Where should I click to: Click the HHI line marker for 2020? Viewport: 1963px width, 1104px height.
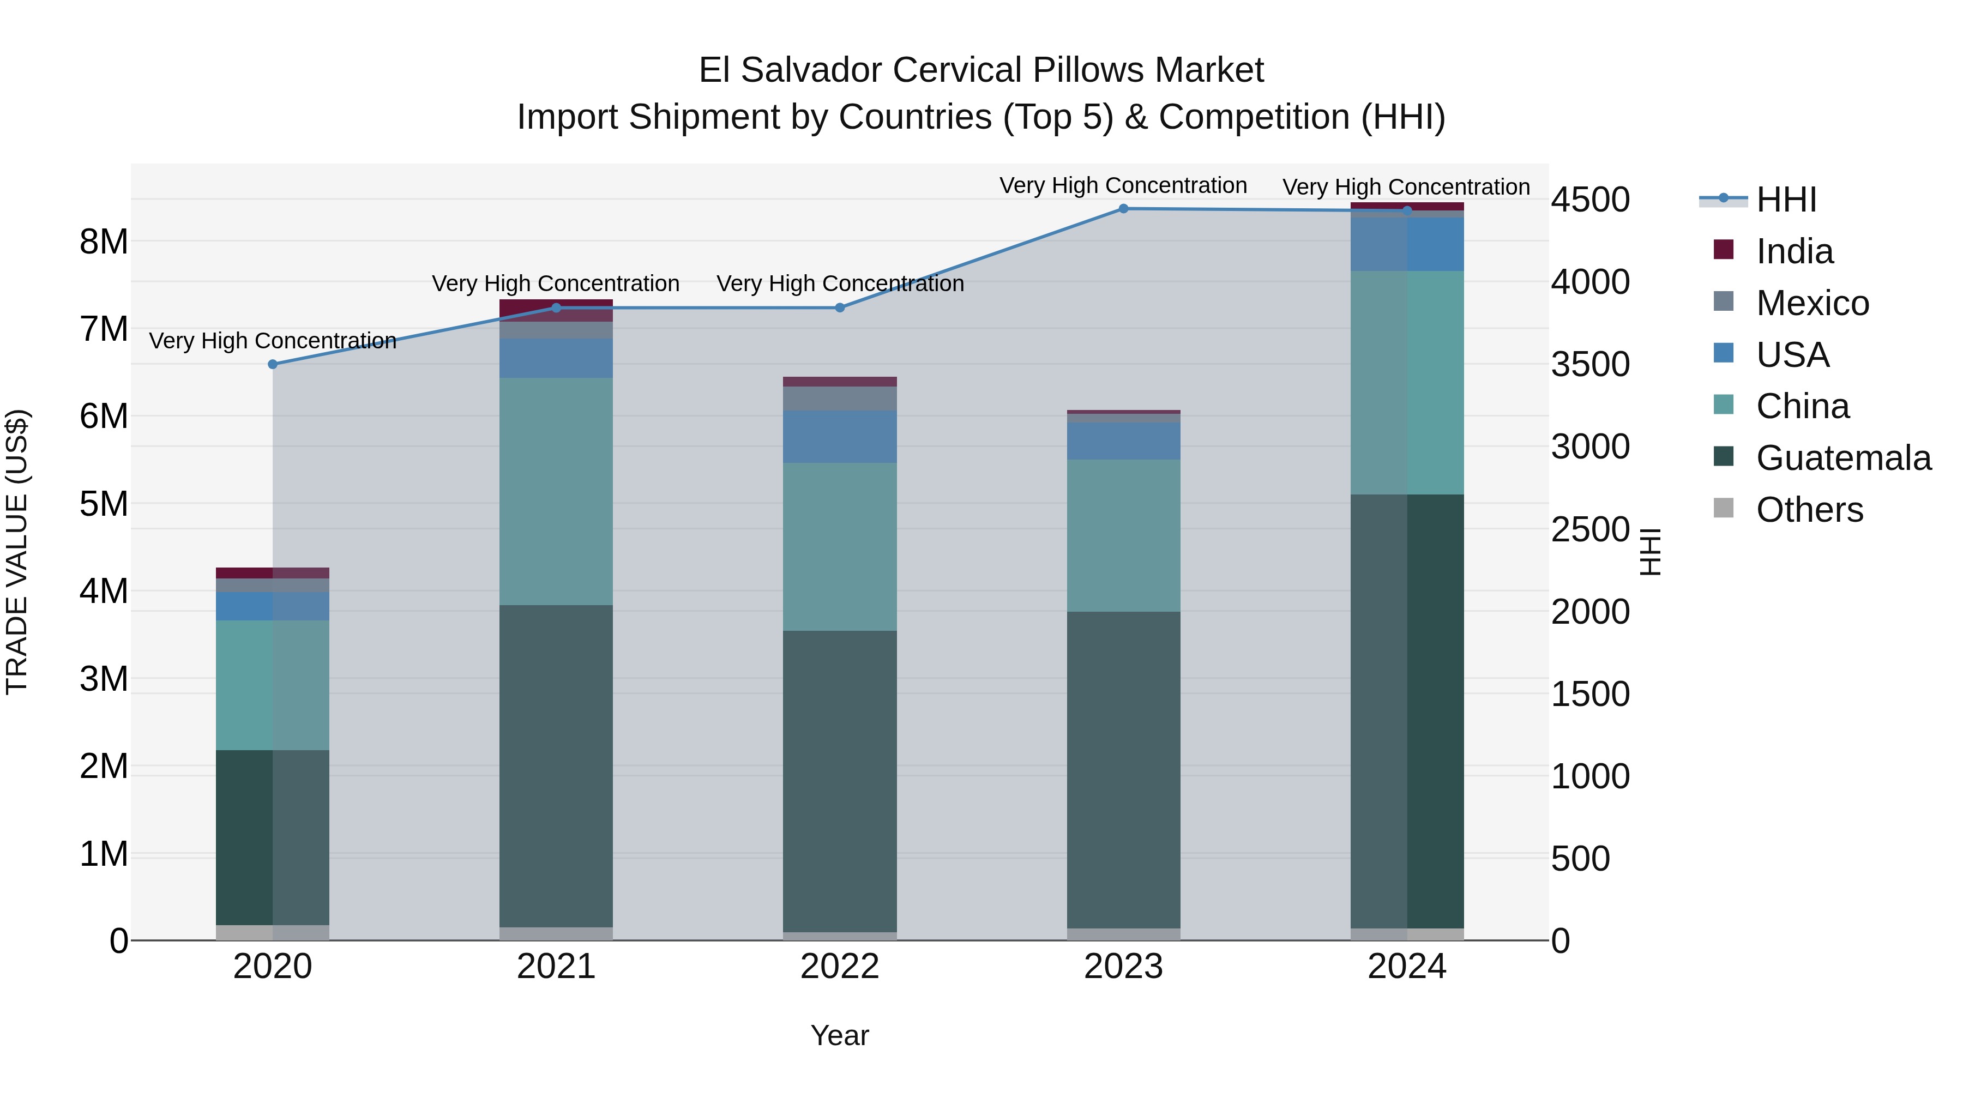273,364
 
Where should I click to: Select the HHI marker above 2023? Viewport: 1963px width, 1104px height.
1123,209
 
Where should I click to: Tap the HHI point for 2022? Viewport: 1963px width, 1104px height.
840,308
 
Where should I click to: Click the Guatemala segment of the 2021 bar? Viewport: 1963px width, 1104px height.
556,766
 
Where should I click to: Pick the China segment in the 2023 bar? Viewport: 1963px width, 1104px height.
1123,535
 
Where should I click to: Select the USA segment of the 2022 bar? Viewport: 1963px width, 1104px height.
840,437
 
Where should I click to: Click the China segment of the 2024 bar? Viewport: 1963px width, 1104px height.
1407,383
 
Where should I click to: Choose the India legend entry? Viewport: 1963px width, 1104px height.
1794,251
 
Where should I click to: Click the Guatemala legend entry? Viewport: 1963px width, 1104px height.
1842,458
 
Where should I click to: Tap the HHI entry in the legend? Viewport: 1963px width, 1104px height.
1785,200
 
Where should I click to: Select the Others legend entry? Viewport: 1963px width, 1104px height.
1809,510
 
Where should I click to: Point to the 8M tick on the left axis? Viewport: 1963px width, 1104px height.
104,242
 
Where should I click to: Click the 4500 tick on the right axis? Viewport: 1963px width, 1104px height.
1591,200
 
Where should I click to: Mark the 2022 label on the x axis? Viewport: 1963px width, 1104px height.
840,967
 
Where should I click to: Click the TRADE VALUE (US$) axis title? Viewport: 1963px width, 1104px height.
17,552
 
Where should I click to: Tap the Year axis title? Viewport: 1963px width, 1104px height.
840,1035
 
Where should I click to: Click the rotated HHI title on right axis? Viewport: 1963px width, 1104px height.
1650,552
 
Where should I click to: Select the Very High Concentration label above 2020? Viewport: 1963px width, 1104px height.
273,341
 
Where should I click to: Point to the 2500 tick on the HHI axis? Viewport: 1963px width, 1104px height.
1591,529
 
